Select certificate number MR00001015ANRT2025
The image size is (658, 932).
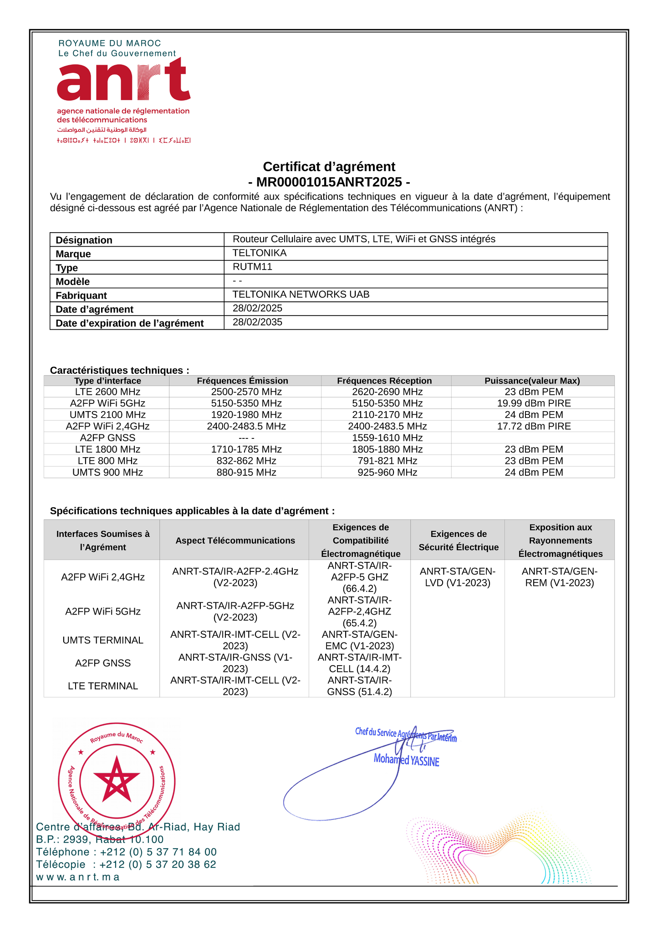click(x=329, y=182)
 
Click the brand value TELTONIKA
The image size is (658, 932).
click(x=260, y=253)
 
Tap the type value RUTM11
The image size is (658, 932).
click(x=252, y=267)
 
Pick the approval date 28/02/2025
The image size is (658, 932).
click(x=257, y=308)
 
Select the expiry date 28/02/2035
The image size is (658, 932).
click(x=257, y=322)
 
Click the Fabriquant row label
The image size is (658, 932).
click(x=81, y=295)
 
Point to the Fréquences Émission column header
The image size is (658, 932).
click(x=242, y=381)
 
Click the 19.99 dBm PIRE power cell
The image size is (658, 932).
click(x=534, y=403)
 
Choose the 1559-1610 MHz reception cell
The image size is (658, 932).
click(x=387, y=438)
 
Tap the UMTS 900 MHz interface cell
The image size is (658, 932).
click(x=107, y=473)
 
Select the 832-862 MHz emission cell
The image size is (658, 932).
click(x=246, y=461)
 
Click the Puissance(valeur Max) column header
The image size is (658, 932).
click(x=532, y=381)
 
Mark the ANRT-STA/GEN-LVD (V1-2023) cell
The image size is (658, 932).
click(x=457, y=577)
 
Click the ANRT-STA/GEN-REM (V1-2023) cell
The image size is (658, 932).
click(x=559, y=577)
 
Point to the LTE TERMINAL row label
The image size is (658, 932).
click(x=103, y=686)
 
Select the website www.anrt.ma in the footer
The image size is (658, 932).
click(x=78, y=877)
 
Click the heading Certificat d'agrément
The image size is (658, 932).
click(x=329, y=167)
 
